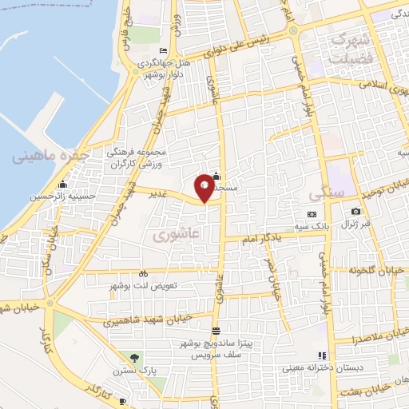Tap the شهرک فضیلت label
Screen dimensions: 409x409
point(352,49)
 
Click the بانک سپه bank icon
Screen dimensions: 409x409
point(312,214)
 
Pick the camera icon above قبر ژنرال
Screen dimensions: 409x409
point(355,212)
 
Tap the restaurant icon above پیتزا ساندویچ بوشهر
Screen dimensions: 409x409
point(215,331)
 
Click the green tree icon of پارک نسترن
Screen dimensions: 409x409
point(134,358)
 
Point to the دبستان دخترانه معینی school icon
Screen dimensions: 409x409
point(322,355)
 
